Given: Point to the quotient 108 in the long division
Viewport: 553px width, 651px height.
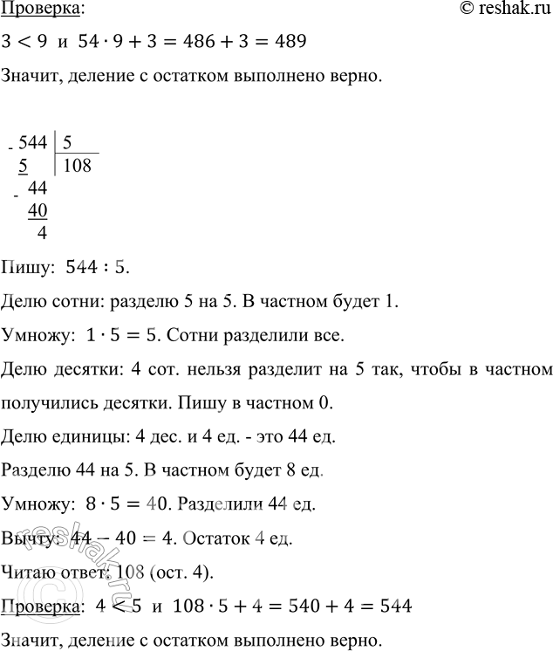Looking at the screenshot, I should [x=77, y=164].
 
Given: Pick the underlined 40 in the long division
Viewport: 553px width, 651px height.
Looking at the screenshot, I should [x=38, y=210].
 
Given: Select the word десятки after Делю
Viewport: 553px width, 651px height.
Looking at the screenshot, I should [x=75, y=370].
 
